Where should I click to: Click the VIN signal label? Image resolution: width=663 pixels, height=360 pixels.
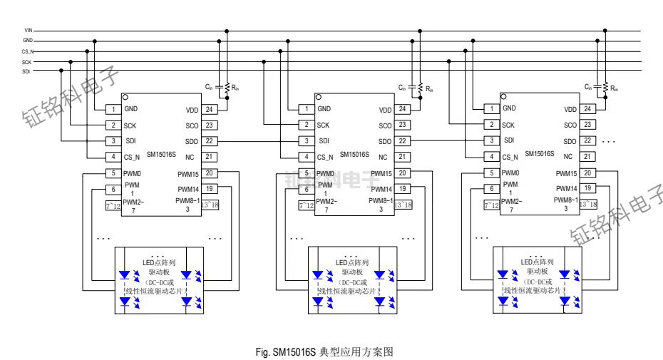tap(28, 31)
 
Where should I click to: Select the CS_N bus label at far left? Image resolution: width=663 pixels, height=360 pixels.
tap(28, 51)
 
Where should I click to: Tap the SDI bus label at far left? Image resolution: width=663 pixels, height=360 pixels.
tap(26, 71)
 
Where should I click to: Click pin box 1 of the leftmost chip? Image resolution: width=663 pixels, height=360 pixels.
tap(113, 110)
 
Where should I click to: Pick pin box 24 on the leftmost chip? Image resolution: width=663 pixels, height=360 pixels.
tap(208, 110)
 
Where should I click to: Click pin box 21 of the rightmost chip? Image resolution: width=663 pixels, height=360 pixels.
tap(587, 156)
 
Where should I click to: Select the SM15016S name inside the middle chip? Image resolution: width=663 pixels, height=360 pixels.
tap(354, 154)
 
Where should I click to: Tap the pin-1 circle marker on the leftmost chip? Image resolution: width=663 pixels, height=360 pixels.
tap(124, 97)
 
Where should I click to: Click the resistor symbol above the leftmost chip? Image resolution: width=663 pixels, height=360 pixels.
tap(227, 87)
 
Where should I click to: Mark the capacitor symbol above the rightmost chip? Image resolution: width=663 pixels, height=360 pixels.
tap(597, 87)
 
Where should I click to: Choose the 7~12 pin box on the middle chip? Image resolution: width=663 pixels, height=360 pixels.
tap(307, 205)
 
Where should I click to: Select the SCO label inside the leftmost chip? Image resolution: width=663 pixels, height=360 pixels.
tap(191, 125)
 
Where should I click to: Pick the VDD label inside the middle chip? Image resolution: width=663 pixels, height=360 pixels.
tap(385, 110)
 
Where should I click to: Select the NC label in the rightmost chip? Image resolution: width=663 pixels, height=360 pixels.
tap(568, 157)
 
